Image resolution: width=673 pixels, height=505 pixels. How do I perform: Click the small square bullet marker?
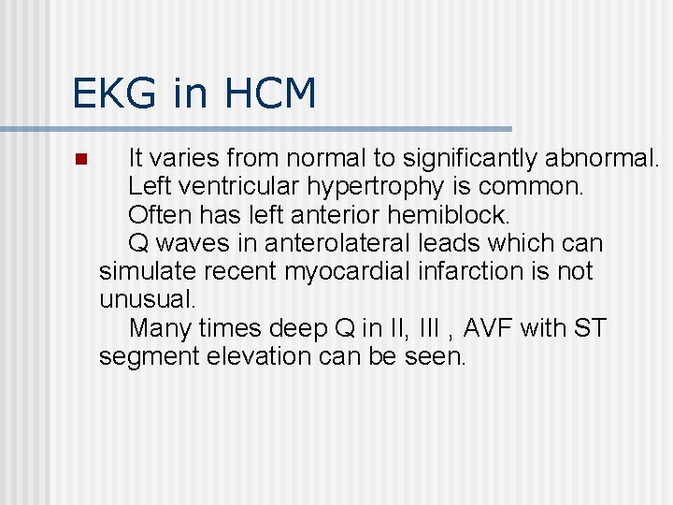point(80,159)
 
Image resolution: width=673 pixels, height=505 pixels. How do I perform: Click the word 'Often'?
point(159,215)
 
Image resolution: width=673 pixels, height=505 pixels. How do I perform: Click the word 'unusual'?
point(147,300)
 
